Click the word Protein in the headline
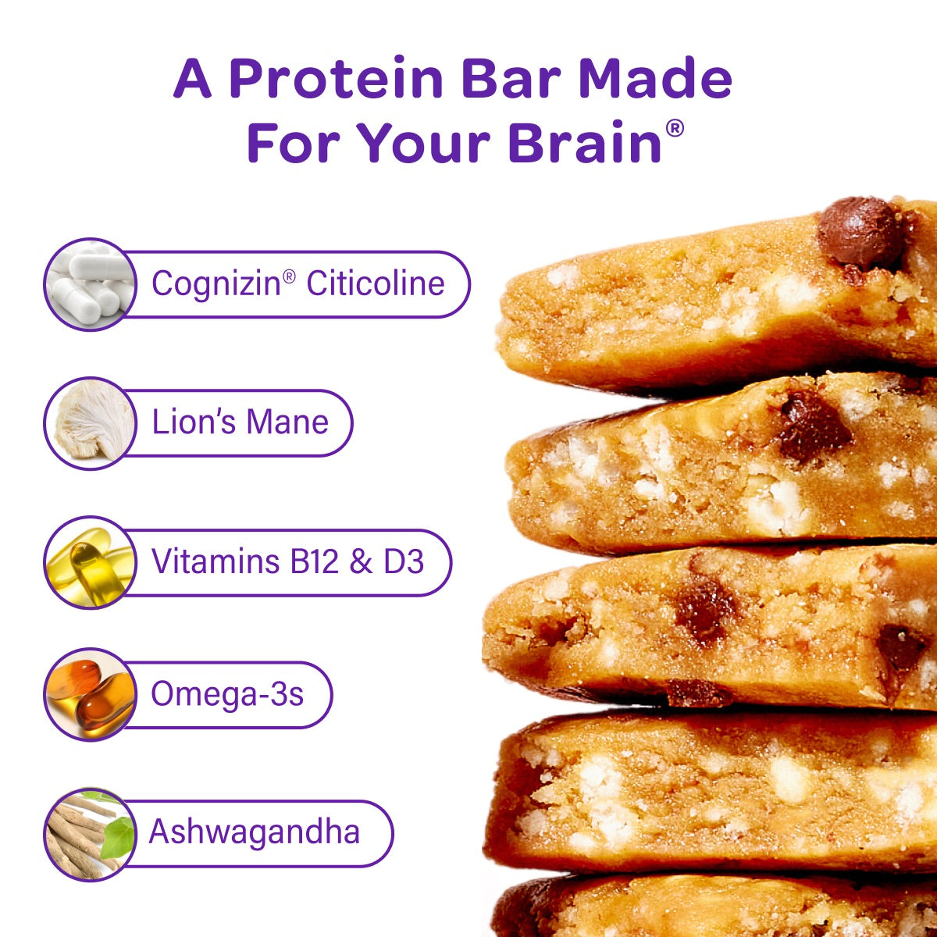(x=336, y=78)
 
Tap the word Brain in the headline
(x=585, y=142)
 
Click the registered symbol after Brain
(x=675, y=128)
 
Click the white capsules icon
(x=91, y=284)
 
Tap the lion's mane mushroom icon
(x=91, y=422)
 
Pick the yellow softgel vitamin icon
(x=91, y=562)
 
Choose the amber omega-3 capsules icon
(x=91, y=694)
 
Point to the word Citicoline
(x=376, y=283)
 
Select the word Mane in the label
(x=287, y=422)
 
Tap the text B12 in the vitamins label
(x=314, y=561)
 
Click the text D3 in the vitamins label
(x=404, y=561)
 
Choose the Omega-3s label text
(x=227, y=694)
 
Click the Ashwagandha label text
(x=255, y=831)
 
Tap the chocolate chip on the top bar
(x=860, y=233)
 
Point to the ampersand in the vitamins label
(x=361, y=561)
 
